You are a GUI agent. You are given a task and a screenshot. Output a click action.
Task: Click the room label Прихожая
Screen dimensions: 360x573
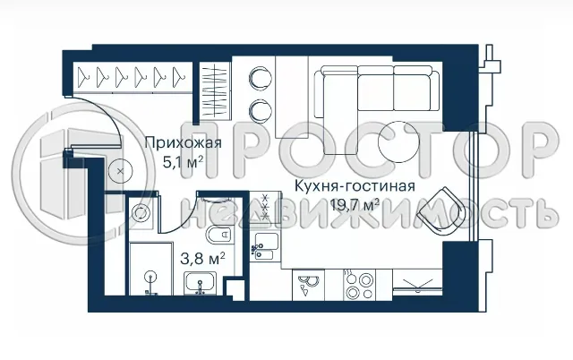(184, 142)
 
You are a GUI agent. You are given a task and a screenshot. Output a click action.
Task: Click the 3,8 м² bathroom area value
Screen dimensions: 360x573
(202, 259)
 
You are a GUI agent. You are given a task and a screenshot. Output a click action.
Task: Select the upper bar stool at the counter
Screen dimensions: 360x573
(261, 77)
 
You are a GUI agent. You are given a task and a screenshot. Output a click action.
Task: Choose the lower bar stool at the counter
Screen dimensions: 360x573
(261, 110)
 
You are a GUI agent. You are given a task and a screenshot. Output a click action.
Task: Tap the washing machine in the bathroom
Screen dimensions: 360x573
(141, 213)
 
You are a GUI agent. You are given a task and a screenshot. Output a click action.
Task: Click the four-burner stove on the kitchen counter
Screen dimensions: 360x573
(360, 286)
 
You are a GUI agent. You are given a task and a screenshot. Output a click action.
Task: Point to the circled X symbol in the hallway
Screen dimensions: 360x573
(117, 171)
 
